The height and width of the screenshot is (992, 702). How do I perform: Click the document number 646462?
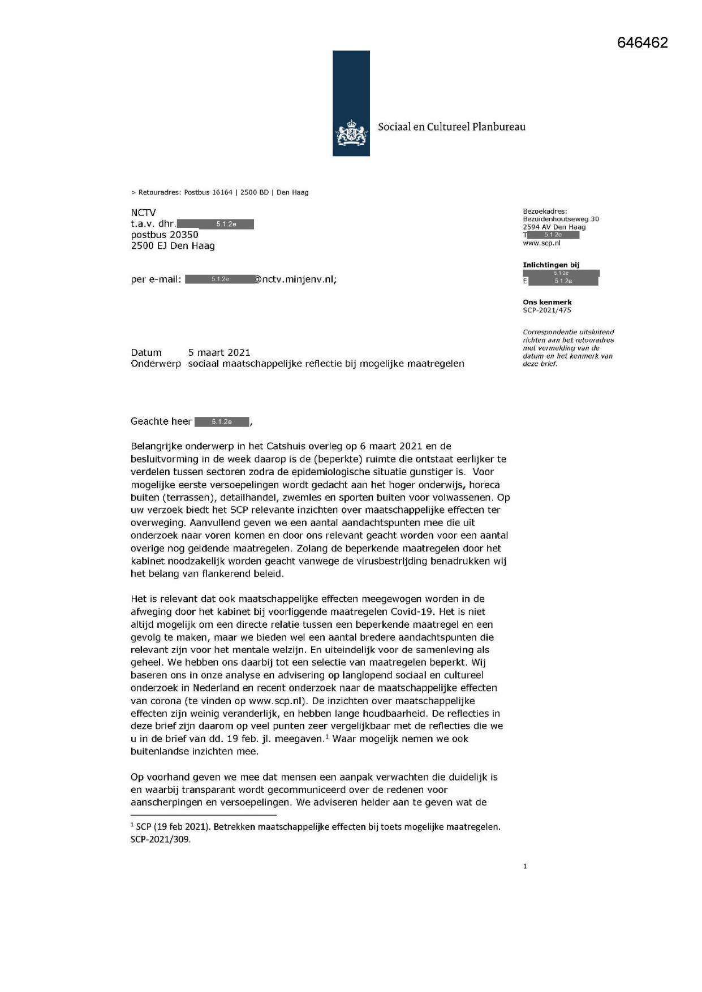pos(642,43)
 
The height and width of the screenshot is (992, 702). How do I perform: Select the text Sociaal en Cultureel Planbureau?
pos(451,127)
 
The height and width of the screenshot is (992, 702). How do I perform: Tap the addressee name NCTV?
pos(143,213)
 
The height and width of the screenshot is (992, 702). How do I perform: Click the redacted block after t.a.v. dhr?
pos(215,224)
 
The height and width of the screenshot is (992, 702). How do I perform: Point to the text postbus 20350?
pos(165,235)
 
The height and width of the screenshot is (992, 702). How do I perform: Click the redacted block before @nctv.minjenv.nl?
pos(219,279)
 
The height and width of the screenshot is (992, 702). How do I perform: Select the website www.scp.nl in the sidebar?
pos(541,243)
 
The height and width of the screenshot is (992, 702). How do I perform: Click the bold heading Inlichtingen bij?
pos(550,265)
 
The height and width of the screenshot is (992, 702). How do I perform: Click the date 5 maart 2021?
pos(219,352)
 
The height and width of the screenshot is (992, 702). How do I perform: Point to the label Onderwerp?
pos(156,364)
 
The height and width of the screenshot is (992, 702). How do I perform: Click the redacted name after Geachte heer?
pos(222,421)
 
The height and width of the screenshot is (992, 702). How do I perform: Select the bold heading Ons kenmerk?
pos(547,302)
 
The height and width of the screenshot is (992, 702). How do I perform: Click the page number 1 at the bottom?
pos(525,866)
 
